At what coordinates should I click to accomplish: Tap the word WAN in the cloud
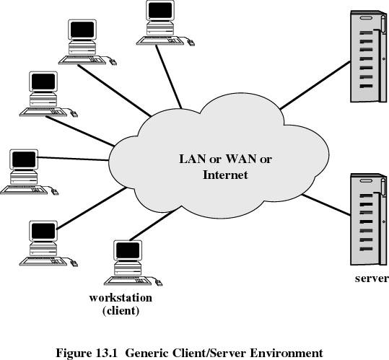coord(241,159)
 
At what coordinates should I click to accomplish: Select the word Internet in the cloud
coord(225,175)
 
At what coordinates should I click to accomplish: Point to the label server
coord(372,278)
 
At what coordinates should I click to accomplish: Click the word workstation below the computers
coord(121,297)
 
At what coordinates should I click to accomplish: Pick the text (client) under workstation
coord(121,311)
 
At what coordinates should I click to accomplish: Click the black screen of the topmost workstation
coord(160,10)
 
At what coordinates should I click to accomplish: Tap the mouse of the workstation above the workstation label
coord(158,283)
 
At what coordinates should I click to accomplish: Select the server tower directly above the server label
coord(368,219)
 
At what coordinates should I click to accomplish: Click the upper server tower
coord(368,56)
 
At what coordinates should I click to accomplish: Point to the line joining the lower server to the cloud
coord(326,205)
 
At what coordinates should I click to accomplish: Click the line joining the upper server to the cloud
coord(315,85)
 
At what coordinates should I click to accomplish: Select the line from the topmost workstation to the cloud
coord(169,77)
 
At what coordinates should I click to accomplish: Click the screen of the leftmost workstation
coord(24,159)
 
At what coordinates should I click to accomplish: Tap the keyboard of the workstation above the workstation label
coord(128,281)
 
